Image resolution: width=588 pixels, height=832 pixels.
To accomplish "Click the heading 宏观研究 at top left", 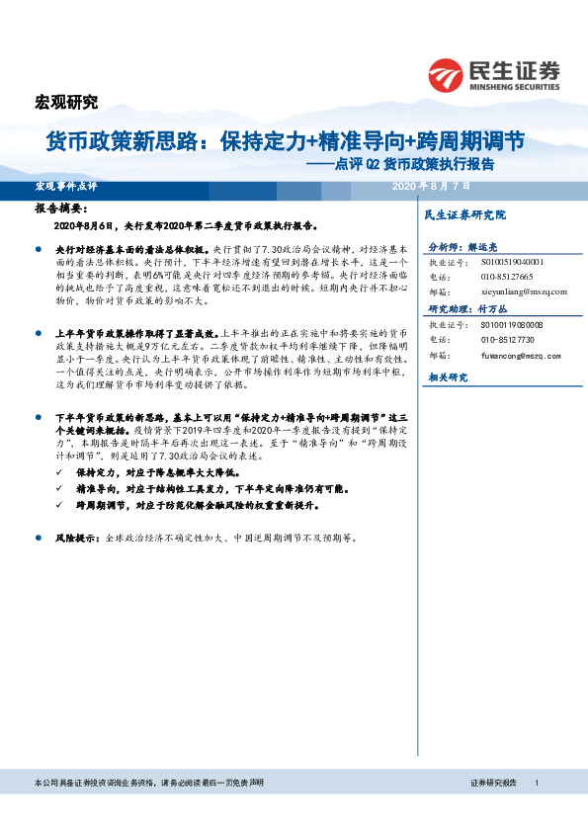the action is [67, 101].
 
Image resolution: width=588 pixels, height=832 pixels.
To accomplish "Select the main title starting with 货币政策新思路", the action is [286, 141].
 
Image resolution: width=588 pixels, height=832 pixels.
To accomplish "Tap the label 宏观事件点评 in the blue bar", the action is [66, 186].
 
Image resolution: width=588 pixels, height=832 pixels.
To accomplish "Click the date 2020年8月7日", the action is [431, 186].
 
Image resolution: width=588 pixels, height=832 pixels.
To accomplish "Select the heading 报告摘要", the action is [61, 209].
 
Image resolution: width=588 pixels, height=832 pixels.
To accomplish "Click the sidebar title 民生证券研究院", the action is [464, 214].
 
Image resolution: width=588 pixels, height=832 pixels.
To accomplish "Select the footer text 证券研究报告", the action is [494, 783].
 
